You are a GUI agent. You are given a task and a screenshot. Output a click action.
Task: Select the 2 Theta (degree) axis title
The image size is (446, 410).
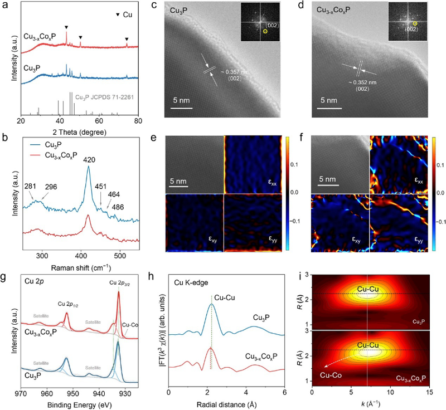[80, 131]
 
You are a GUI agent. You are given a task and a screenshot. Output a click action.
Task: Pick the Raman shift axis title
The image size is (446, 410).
[80, 267]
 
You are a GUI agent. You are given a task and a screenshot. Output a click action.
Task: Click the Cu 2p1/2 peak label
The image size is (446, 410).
[70, 304]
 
